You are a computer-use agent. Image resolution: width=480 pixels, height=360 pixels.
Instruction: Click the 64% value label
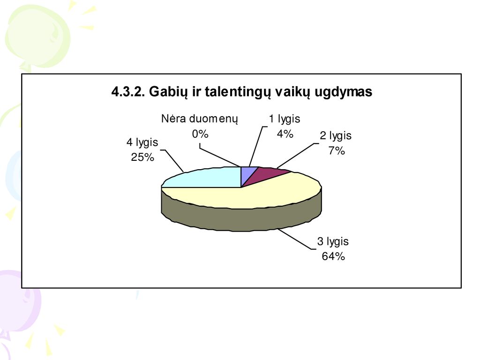coord(333,256)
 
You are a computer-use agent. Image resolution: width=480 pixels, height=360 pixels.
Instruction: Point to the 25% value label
coord(142,157)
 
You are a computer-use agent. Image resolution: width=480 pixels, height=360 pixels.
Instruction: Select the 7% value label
coord(337,150)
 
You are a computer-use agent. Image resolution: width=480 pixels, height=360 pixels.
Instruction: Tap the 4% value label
coord(285,134)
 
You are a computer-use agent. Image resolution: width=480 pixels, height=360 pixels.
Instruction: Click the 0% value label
coord(200,134)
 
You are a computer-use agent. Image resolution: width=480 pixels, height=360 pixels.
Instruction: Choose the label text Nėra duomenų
coord(200,119)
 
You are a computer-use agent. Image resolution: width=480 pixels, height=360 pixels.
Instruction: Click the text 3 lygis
coord(333,241)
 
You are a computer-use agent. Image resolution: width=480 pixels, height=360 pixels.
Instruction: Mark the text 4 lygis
coord(142,142)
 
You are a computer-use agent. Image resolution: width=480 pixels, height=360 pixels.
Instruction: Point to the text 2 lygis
coord(336,135)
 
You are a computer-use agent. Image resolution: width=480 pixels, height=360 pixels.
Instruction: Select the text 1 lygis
coord(285,119)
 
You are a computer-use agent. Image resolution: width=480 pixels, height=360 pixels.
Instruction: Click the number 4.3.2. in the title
coord(128,91)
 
